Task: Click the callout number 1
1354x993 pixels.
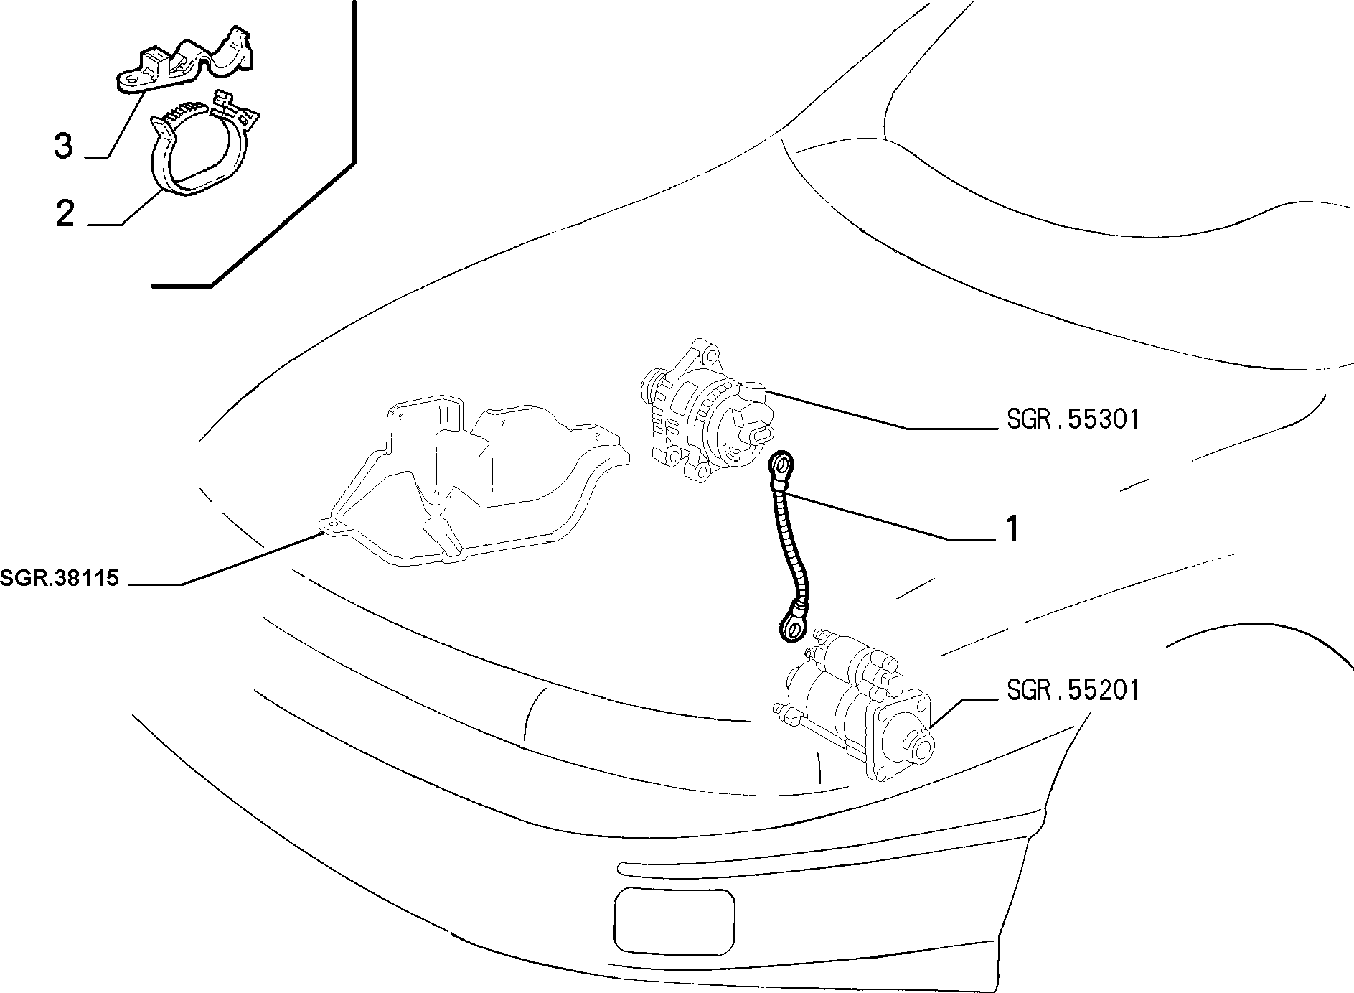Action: [1012, 529]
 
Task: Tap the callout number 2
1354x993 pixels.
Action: [65, 213]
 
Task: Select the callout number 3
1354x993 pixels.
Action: [64, 146]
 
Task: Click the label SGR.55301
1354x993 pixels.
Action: [1073, 419]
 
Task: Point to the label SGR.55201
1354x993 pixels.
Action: [1073, 690]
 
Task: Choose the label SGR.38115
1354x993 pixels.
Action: [60, 579]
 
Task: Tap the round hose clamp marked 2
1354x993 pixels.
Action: [203, 146]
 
